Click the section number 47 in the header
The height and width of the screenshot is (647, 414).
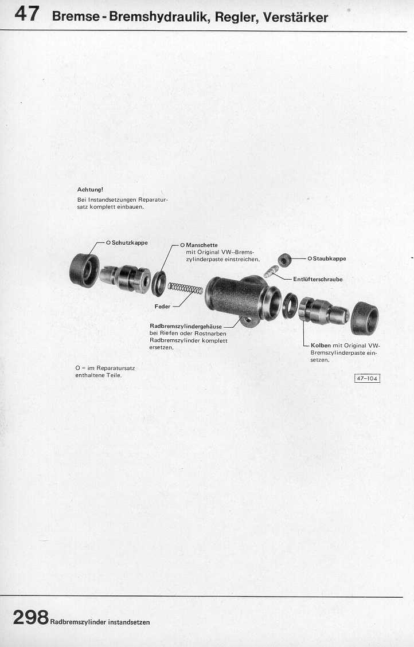28,14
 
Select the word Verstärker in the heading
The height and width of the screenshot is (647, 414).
295,17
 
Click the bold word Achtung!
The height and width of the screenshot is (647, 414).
90,189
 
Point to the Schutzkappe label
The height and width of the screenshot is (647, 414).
130,242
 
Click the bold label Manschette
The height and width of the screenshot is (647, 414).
202,245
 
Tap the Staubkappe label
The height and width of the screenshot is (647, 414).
329,258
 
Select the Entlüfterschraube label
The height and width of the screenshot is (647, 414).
318,279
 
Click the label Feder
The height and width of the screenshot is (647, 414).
162,307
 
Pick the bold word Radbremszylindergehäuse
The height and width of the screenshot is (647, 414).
186,327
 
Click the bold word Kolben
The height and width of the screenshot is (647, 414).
321,346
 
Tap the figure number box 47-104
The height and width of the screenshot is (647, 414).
367,378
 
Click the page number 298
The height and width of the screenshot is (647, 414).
30,617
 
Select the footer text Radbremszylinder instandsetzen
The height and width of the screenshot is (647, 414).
100,622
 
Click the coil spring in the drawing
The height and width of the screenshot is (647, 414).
185,288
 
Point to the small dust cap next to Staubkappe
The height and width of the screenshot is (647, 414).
284,260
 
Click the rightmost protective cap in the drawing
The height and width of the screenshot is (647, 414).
365,317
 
